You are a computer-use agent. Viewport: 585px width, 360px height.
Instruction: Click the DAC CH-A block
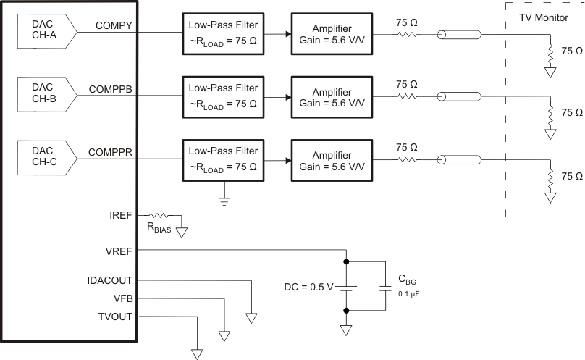click(x=43, y=35)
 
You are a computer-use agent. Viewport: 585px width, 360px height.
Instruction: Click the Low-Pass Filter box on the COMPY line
click(x=223, y=34)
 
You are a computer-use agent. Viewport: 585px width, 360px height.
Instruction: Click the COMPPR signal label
click(x=111, y=152)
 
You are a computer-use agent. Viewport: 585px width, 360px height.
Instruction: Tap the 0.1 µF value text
click(x=408, y=294)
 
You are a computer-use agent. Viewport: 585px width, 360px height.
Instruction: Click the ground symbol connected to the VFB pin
click(x=224, y=335)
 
